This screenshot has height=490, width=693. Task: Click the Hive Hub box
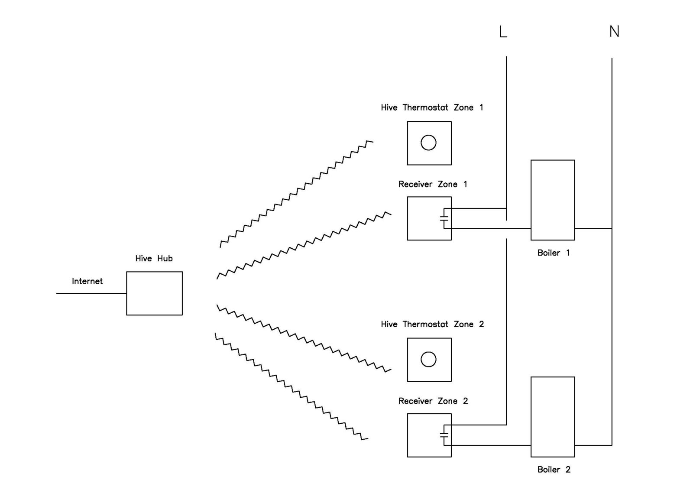coord(154,293)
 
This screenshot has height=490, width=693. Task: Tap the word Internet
coord(87,281)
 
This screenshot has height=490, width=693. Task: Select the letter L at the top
coord(503,32)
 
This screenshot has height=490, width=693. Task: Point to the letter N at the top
coord(614,32)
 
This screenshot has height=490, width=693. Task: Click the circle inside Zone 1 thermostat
coord(428,143)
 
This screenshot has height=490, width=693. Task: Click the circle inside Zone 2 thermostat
coord(428,359)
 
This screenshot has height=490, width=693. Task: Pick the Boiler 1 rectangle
coord(553,200)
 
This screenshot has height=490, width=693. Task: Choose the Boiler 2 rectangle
coord(553,416)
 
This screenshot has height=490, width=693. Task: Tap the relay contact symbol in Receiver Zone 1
coord(444,218)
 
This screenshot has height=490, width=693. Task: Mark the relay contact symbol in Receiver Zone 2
coord(444,435)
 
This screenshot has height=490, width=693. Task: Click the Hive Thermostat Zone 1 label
coord(432,107)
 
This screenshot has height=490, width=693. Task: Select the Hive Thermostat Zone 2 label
coord(432,324)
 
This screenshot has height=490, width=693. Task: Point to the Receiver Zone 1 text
coord(433,184)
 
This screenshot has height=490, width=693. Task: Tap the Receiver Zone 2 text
coord(433,401)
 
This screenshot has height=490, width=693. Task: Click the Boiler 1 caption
coord(554,253)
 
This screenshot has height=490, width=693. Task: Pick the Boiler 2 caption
coord(554,470)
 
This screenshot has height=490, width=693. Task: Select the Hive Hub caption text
coord(154,259)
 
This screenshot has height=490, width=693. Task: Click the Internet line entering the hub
coord(91,293)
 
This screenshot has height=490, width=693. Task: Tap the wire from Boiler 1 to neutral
coord(593,228)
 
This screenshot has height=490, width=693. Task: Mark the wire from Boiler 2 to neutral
coord(593,445)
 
